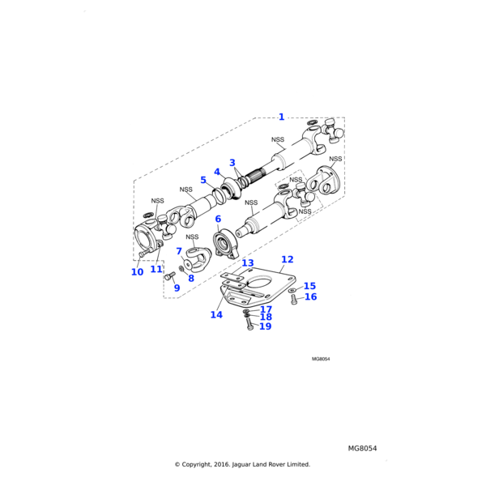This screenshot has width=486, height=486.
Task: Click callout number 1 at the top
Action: (x=281, y=117)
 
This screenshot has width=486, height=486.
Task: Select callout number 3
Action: (x=232, y=163)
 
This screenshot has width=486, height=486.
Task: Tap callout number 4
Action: (x=217, y=172)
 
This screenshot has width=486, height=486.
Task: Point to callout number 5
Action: (x=204, y=180)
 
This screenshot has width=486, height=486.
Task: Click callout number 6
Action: (x=218, y=219)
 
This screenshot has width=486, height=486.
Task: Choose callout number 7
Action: (x=179, y=251)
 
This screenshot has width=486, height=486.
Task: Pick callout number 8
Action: (x=191, y=279)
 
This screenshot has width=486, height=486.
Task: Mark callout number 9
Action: (x=177, y=288)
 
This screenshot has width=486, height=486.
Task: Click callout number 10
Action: (x=137, y=272)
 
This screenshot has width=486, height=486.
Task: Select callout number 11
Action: (x=156, y=269)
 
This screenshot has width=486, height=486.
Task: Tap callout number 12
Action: (x=287, y=259)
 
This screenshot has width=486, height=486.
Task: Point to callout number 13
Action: (x=247, y=263)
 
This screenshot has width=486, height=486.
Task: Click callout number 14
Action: (x=216, y=314)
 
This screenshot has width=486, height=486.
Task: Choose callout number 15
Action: (x=309, y=286)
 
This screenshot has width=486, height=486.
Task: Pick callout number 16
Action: (x=310, y=297)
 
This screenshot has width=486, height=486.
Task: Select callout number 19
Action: (x=265, y=326)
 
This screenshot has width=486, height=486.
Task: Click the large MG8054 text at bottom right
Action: (x=363, y=448)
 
